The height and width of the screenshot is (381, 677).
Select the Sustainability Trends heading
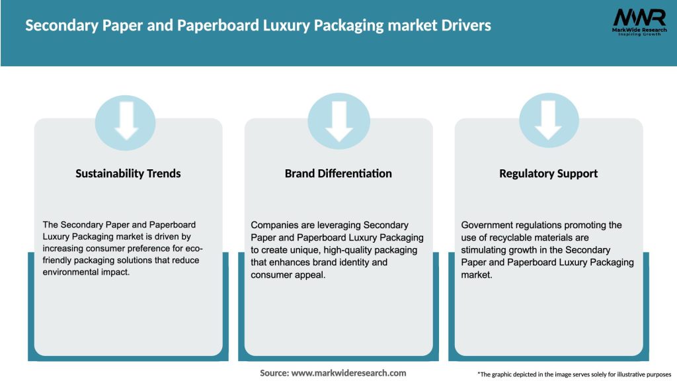[x=128, y=173]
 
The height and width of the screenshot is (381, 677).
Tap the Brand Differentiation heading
[x=338, y=173]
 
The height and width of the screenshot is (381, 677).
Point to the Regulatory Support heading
[x=548, y=173]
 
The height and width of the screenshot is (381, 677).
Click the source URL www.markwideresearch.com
[x=348, y=373]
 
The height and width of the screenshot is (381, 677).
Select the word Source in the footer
[x=273, y=373]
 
